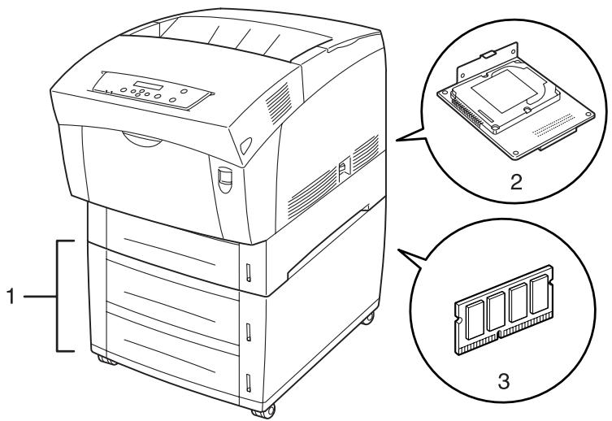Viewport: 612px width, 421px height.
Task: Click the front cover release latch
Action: point(224,176)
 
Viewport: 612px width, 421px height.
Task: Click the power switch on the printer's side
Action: point(343,170)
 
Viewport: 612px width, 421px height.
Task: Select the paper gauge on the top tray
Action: point(249,267)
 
